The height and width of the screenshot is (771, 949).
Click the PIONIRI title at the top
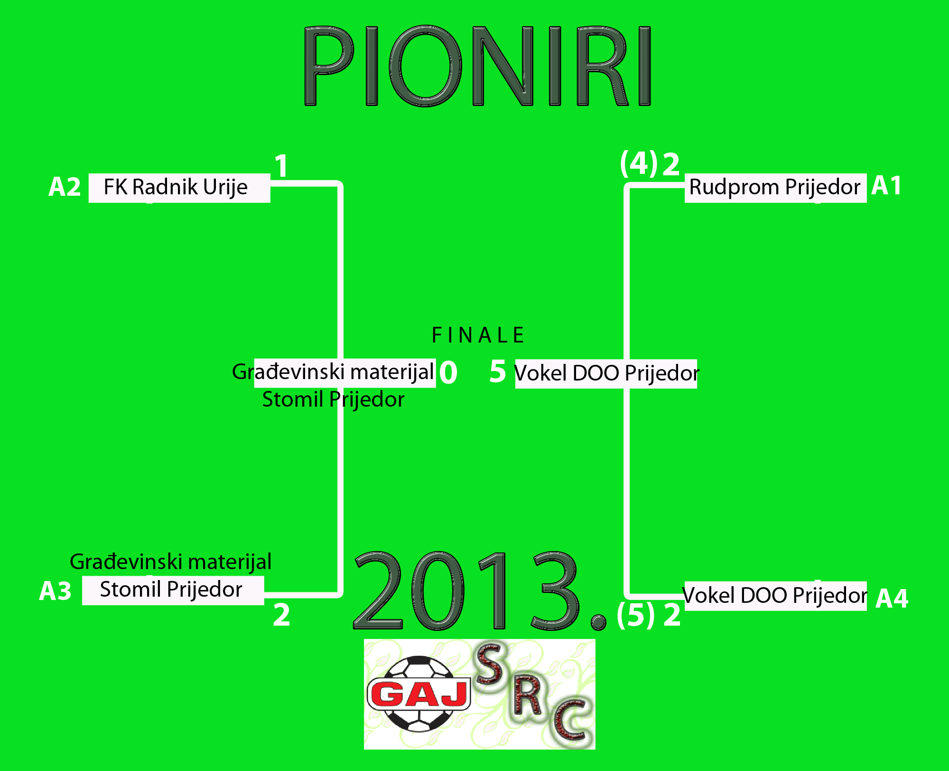[477, 66]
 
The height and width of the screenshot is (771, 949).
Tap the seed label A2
[65, 187]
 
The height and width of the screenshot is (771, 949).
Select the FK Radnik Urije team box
[179, 188]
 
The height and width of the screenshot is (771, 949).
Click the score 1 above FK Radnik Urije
[281, 166]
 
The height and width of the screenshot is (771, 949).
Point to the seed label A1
[886, 185]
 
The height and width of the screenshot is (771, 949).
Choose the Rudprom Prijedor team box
[775, 188]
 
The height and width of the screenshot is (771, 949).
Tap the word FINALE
[478, 335]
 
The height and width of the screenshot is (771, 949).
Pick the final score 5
[498, 371]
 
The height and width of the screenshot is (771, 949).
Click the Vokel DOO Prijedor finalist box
[606, 374]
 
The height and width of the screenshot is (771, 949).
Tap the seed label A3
[55, 591]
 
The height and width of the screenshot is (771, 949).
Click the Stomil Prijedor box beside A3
[173, 590]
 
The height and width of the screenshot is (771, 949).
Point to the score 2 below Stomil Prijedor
[281, 615]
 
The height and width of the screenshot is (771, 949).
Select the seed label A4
[892, 598]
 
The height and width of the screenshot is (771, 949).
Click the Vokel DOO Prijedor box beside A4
[775, 596]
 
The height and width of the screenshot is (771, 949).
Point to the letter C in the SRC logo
[572, 720]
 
